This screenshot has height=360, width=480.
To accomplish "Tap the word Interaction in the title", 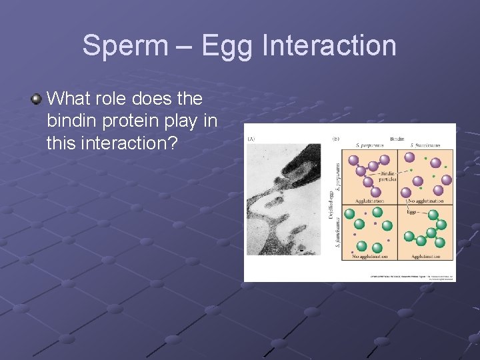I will coord(330,46).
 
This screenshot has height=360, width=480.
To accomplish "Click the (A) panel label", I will coord(251,139).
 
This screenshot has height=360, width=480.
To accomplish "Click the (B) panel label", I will coord(336,139).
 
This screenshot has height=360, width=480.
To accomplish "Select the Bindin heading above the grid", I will coord(397,139).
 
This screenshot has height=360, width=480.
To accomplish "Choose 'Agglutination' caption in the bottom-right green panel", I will coord(427,257).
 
